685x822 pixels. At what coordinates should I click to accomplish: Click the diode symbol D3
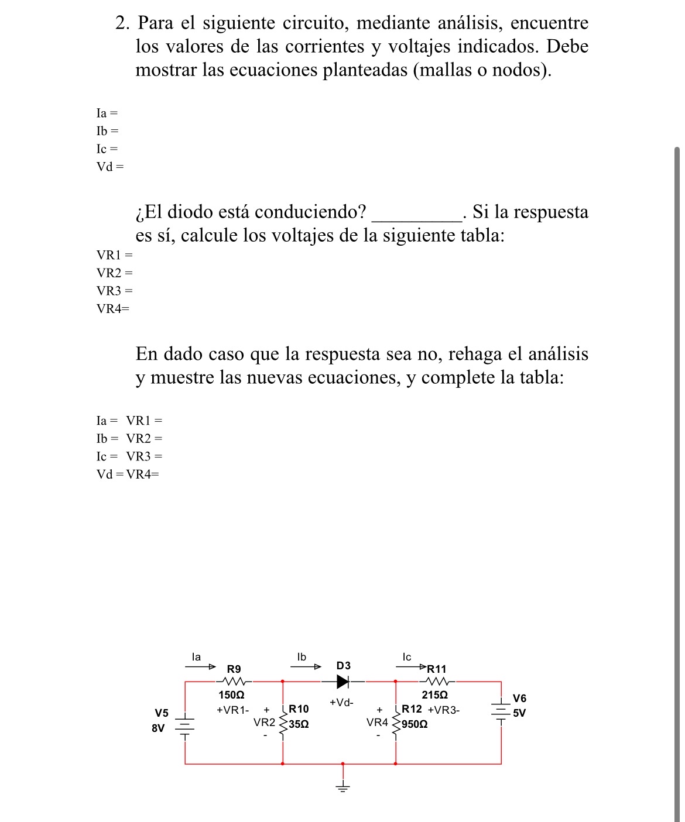tap(343, 681)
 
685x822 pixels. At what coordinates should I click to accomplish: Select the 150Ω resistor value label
tap(231, 695)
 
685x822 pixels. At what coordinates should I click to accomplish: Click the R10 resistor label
tap(299, 709)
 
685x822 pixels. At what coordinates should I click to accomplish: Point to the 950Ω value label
tap(415, 724)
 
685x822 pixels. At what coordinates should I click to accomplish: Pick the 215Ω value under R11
tap(435, 695)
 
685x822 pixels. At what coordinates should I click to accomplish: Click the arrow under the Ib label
tap(306, 666)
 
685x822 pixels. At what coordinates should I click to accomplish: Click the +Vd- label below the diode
tap(341, 702)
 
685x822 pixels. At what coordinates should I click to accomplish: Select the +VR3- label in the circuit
tap(444, 710)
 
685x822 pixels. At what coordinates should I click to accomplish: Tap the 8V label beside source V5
tap(158, 728)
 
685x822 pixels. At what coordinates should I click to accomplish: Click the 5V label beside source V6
tap(519, 713)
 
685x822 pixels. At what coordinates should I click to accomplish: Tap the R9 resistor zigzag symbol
tap(234, 681)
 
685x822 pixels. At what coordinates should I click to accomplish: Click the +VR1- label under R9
tap(232, 710)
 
